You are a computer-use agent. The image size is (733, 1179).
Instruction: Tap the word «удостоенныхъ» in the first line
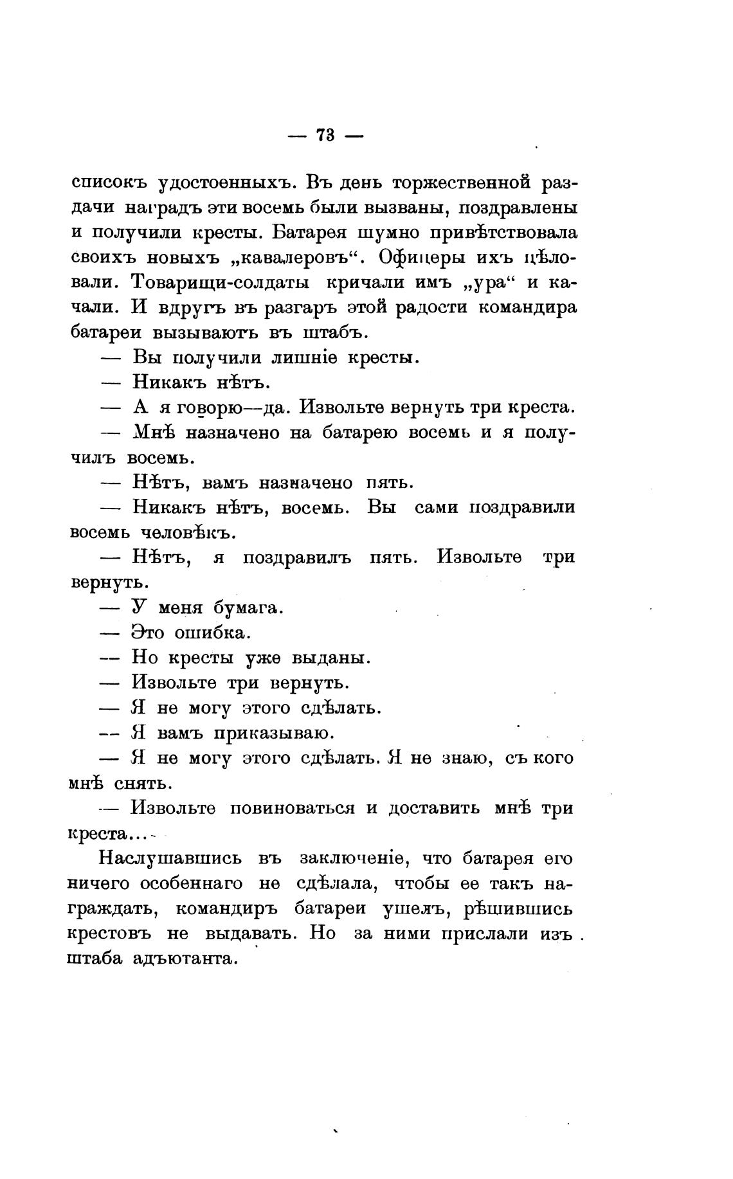coord(225,184)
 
